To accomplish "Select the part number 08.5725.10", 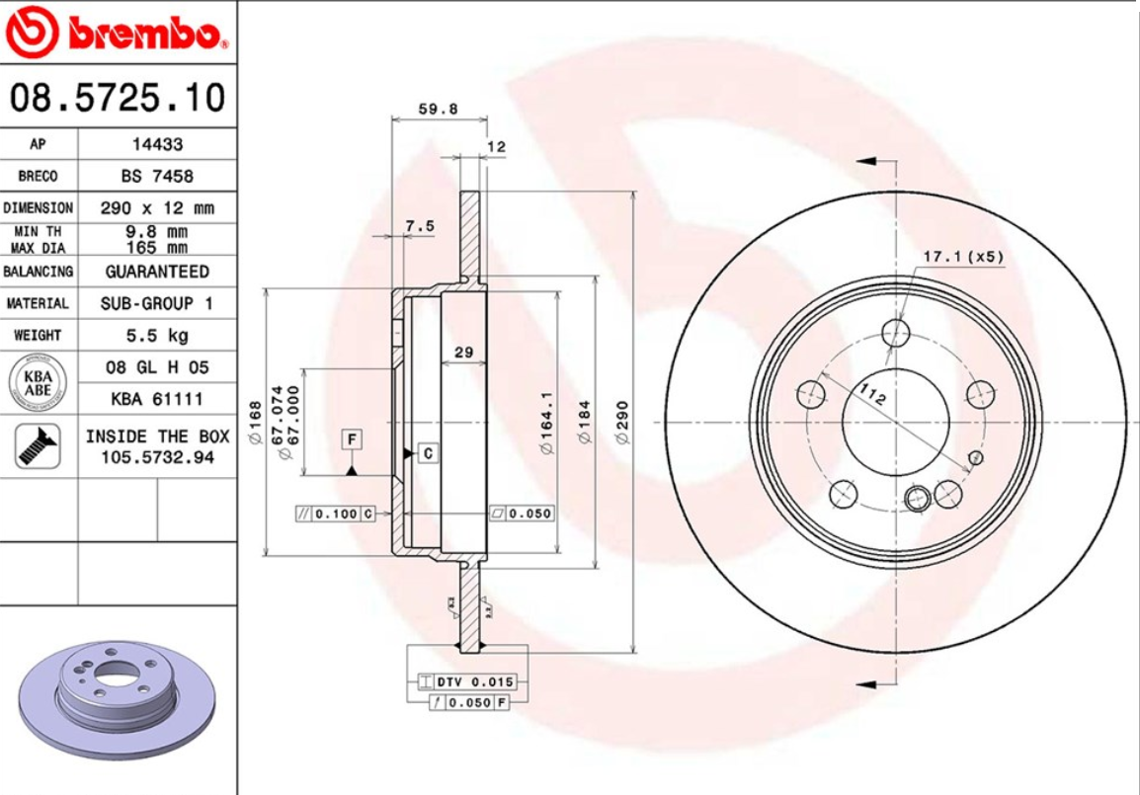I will click(x=118, y=98).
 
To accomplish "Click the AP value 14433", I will click(x=157, y=144).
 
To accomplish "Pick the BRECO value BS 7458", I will click(x=157, y=176).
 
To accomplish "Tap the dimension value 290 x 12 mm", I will click(x=157, y=208).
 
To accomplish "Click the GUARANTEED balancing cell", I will click(x=157, y=271).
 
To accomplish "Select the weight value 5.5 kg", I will click(x=157, y=335).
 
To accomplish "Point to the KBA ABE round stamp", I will click(x=39, y=382).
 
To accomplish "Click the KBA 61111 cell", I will click(x=157, y=399).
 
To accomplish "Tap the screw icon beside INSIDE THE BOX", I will click(x=39, y=445).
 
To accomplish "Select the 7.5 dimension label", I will click(x=420, y=226).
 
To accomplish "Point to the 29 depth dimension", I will click(x=462, y=352).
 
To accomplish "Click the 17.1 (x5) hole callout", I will click(x=962, y=257).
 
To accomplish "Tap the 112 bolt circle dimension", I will click(x=870, y=395).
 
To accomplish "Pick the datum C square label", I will click(x=427, y=453).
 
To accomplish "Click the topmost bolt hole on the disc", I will click(x=896, y=332).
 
